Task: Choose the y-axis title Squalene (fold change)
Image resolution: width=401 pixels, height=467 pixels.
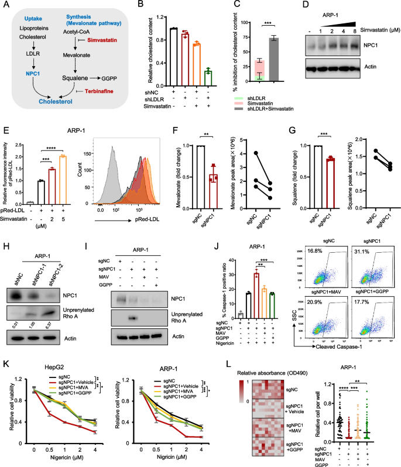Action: click(293, 167)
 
